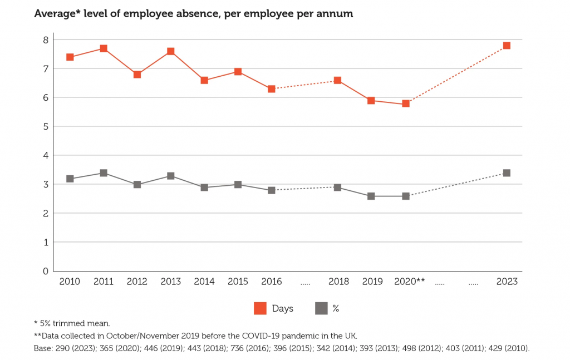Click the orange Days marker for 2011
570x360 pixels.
(104, 48)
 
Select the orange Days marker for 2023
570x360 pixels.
(507, 46)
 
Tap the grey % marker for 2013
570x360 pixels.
(171, 176)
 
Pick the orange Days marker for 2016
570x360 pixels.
(272, 89)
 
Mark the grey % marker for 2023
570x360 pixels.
(507, 173)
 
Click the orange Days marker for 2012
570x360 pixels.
(137, 75)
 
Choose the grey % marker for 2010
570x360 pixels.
(70, 179)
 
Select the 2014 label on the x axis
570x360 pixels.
(204, 282)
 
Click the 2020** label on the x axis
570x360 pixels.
(409, 282)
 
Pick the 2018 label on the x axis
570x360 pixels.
(338, 282)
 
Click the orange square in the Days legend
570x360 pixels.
(260, 308)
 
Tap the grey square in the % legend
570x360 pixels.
(321, 308)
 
